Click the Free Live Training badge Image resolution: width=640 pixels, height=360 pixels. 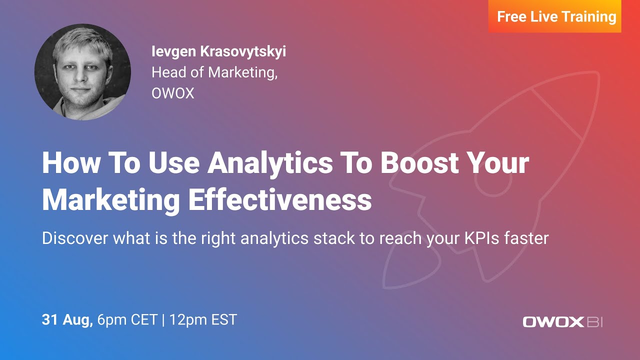pos(556,17)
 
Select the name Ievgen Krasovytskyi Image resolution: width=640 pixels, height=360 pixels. pos(219,51)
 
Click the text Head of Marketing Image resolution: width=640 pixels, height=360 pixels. pos(214,72)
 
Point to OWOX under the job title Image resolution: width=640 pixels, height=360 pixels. pos(172,93)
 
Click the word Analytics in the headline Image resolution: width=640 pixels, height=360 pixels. pos(270,162)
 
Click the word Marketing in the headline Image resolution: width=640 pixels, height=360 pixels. pos(111,200)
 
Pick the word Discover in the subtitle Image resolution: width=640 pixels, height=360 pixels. pos(75,238)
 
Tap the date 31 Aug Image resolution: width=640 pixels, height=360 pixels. pos(67,319)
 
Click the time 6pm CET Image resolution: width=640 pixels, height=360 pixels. pos(127,319)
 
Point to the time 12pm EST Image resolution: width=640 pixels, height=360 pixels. pos(203,319)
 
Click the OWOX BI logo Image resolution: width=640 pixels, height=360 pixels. pos(562,321)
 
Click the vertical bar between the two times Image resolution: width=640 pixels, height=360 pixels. pos(163,319)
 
